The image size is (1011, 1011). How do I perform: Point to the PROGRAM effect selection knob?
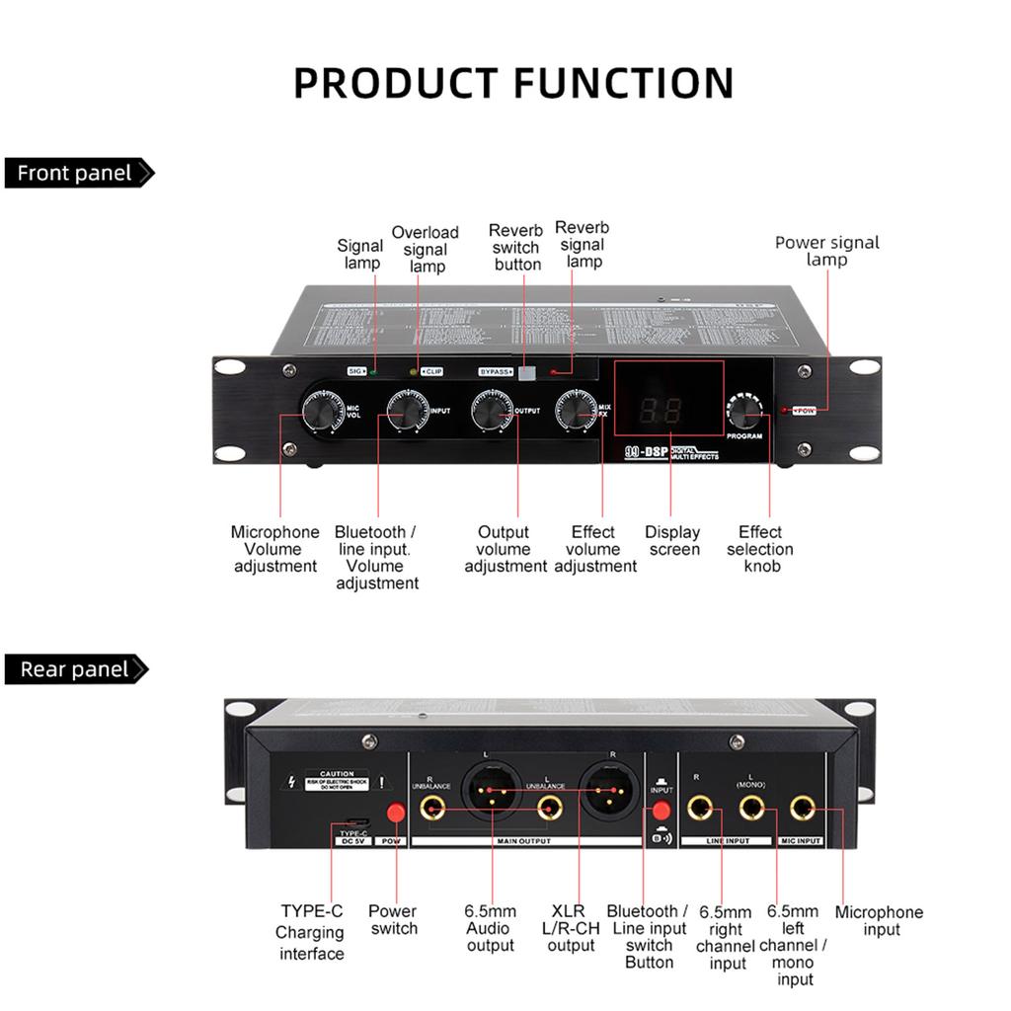tap(746, 410)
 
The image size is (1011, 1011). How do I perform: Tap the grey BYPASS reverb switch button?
tap(528, 372)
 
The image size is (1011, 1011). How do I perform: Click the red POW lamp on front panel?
tap(784, 410)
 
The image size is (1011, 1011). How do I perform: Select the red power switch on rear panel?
tap(397, 813)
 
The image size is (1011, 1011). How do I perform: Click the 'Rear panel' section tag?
tap(75, 669)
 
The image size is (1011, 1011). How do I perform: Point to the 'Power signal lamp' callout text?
tap(826, 251)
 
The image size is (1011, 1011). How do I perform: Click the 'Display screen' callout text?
tap(672, 541)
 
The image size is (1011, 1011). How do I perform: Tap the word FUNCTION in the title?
tap(623, 83)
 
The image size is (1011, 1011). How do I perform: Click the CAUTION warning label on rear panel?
tap(336, 779)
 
